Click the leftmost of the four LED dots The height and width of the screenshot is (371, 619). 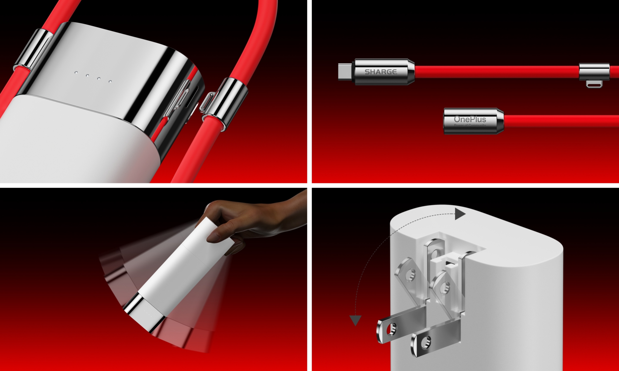coord(76,72)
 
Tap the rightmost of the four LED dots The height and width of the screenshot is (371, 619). coord(110,81)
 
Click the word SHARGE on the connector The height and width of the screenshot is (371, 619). coord(380,72)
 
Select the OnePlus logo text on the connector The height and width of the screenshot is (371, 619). coord(470,119)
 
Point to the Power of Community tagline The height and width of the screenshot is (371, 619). coord(470,125)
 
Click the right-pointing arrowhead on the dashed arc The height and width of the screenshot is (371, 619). coord(460,214)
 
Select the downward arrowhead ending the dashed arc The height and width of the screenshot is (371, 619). coord(355,320)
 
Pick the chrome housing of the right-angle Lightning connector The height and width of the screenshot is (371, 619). coord(594,72)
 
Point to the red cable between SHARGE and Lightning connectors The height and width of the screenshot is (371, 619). coord(495,71)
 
